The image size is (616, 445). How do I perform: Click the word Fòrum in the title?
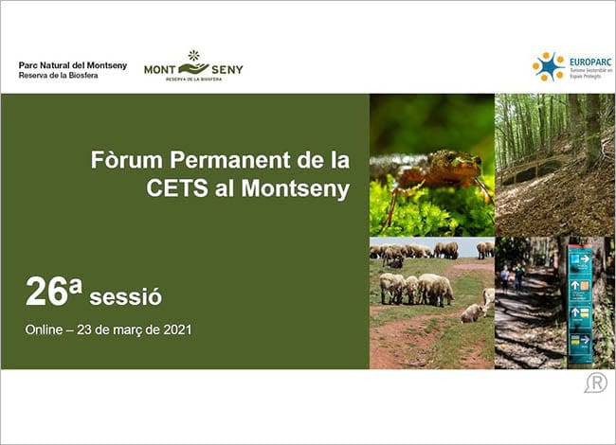[125, 158]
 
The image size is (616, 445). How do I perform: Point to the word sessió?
[125, 297]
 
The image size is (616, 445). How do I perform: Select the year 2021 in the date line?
[176, 330]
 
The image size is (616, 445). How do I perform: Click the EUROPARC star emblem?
[547, 66]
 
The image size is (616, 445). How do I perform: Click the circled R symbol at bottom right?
[595, 383]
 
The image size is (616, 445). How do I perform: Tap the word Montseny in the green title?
[296, 187]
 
